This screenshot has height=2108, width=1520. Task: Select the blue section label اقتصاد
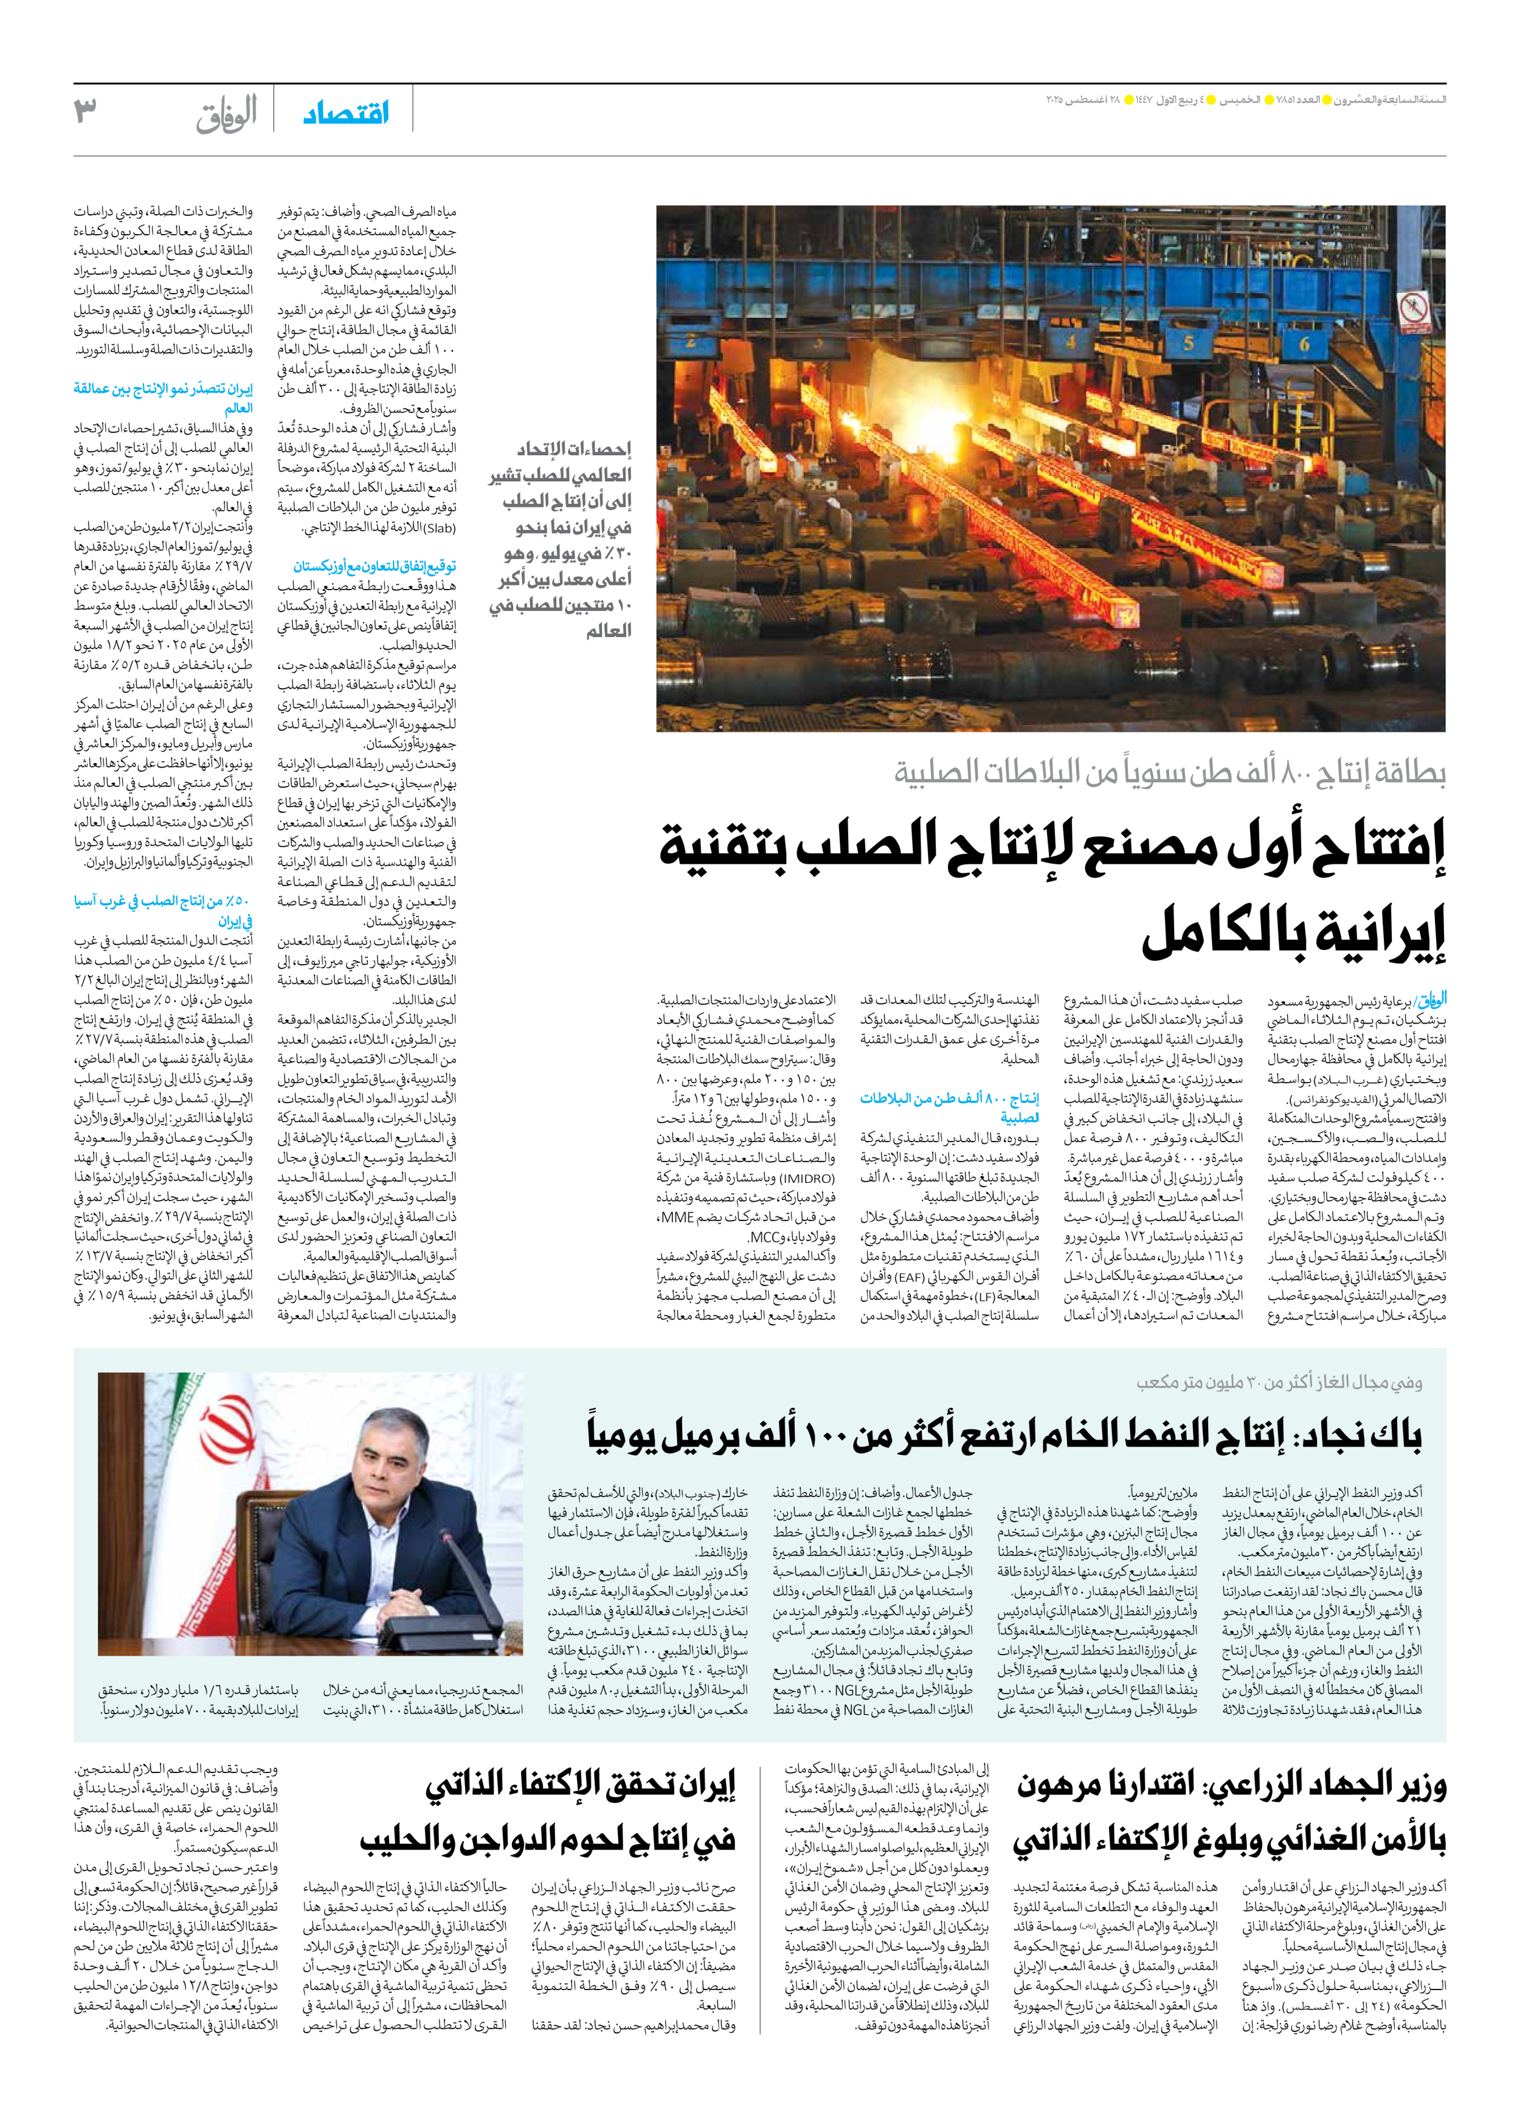(x=346, y=114)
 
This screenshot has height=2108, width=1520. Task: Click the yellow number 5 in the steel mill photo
(x=1187, y=342)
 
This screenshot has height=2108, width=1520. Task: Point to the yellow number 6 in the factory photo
(x=1304, y=345)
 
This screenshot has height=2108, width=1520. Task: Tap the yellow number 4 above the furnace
(x=1071, y=340)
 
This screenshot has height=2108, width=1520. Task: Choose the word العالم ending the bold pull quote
(x=608, y=631)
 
